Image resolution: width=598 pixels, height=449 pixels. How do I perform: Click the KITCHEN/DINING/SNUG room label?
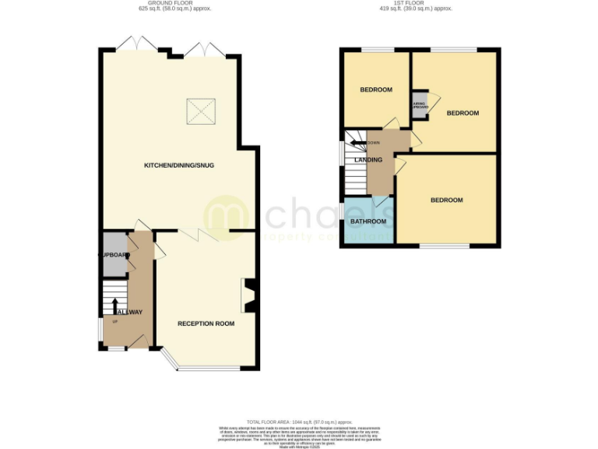[x=179, y=165]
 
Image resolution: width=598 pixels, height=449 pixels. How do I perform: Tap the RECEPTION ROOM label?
[x=206, y=323]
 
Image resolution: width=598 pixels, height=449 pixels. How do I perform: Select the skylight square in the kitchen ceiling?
[x=200, y=113]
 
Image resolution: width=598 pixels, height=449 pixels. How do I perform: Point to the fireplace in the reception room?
[x=249, y=296]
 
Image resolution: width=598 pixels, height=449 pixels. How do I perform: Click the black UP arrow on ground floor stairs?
[x=115, y=304]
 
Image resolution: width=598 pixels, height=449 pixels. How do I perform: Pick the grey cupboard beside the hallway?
[x=114, y=255]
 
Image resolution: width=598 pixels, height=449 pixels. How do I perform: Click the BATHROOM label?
[x=368, y=221]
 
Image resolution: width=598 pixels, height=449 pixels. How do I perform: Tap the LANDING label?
[x=368, y=160]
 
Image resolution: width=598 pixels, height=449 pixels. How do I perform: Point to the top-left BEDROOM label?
[x=375, y=90]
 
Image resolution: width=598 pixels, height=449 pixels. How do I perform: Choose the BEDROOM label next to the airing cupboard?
[x=463, y=113]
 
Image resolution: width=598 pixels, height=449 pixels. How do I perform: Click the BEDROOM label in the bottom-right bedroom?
[x=447, y=200]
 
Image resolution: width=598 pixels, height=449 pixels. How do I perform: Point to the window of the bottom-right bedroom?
[x=445, y=246]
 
